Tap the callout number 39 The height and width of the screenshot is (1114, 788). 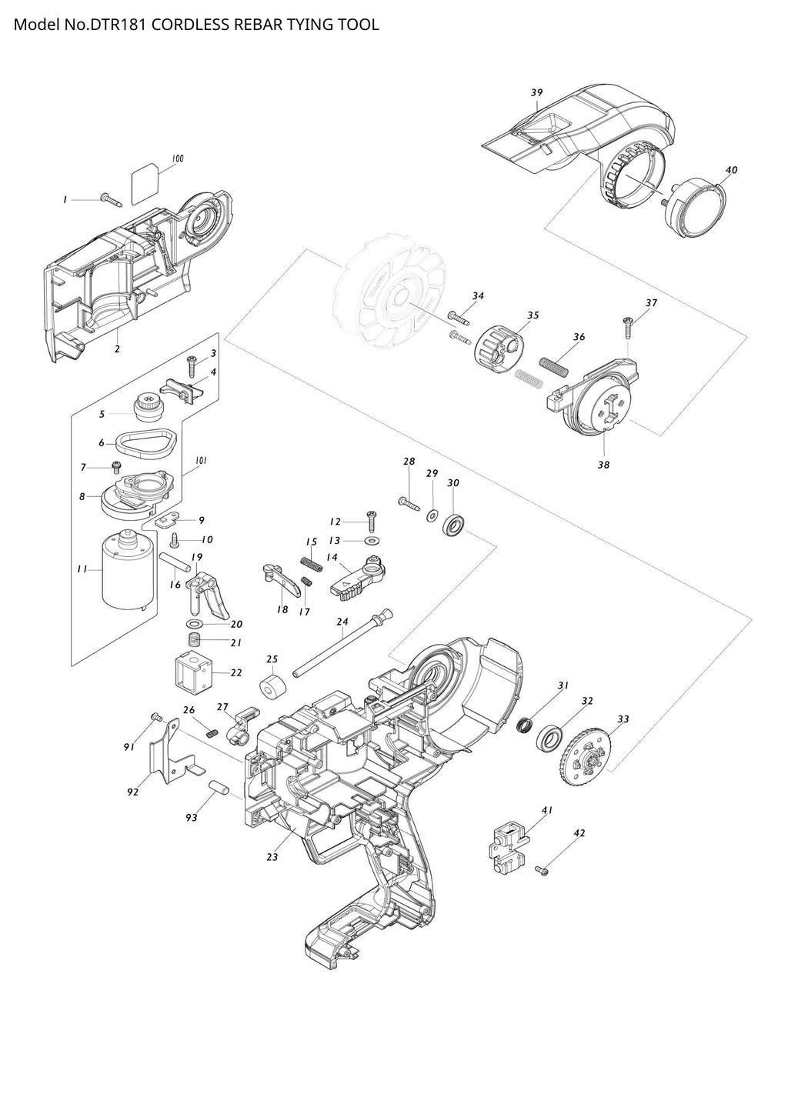[x=536, y=92]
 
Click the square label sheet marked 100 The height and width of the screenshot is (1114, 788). [x=146, y=185]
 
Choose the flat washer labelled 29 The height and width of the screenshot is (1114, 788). [x=432, y=512]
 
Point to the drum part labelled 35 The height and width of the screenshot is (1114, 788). [x=499, y=348]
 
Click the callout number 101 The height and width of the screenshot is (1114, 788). [x=202, y=460]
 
